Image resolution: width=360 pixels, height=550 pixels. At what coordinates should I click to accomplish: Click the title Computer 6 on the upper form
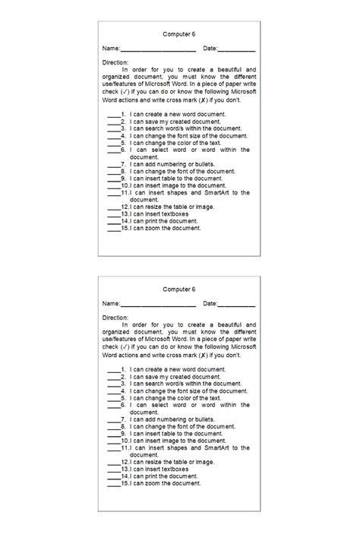[x=179, y=34]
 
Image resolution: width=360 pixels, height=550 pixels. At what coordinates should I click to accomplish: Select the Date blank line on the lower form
[x=237, y=305]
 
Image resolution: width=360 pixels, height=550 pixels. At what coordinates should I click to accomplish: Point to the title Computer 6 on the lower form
[x=179, y=289]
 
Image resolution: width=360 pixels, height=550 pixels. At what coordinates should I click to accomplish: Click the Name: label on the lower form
[x=112, y=305]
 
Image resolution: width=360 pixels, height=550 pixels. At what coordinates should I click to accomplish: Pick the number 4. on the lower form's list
[x=123, y=391]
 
